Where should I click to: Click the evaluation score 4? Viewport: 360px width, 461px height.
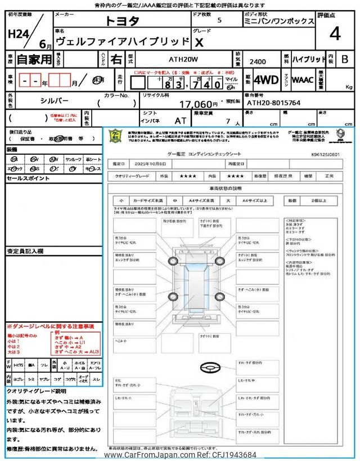(x=335, y=34)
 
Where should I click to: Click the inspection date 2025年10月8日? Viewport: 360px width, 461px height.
(x=152, y=163)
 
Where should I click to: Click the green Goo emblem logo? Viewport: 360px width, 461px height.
(x=114, y=136)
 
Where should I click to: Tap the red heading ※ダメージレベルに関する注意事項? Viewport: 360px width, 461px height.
(x=50, y=326)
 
